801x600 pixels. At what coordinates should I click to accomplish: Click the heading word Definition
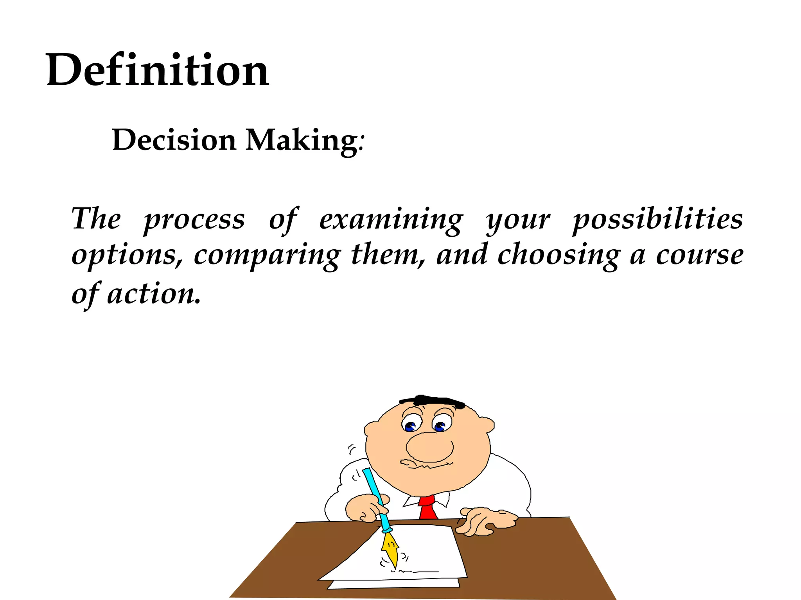tap(157, 70)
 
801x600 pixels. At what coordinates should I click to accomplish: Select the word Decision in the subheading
tap(174, 140)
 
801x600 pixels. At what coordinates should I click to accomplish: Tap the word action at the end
tap(153, 294)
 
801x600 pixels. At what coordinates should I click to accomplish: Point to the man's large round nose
tap(429, 447)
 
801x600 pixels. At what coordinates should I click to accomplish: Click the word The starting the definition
tap(96, 219)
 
